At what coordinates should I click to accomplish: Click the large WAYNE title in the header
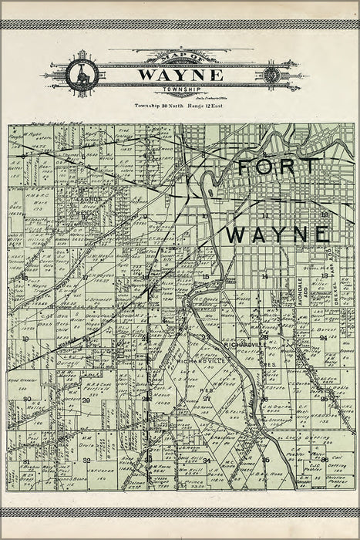click(180, 75)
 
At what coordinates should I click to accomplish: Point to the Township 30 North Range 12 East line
click(180, 103)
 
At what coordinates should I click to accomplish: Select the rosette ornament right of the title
click(271, 75)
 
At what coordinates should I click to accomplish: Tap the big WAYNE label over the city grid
click(278, 232)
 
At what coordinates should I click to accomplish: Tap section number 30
click(26, 399)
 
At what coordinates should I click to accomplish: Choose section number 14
click(264, 275)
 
